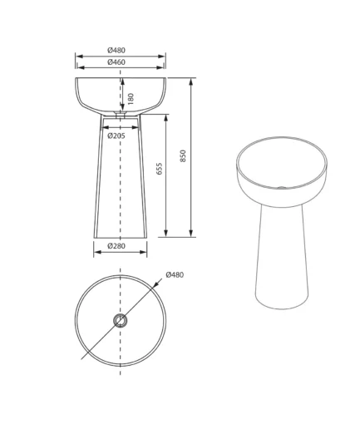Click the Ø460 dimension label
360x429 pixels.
pos(116,62)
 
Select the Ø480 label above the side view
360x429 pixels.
pos(116,51)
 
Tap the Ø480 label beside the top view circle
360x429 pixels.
pos(175,274)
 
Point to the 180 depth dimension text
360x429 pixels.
pos(131,99)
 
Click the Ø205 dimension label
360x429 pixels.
pos(116,136)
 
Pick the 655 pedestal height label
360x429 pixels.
pos(160,169)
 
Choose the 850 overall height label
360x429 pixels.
pos(183,155)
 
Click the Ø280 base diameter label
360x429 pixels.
pos(116,246)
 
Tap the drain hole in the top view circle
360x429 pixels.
pos(121,321)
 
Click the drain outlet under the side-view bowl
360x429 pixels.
pos(121,114)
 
